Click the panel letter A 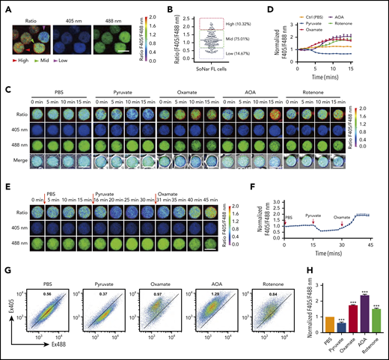coord(5,6)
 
